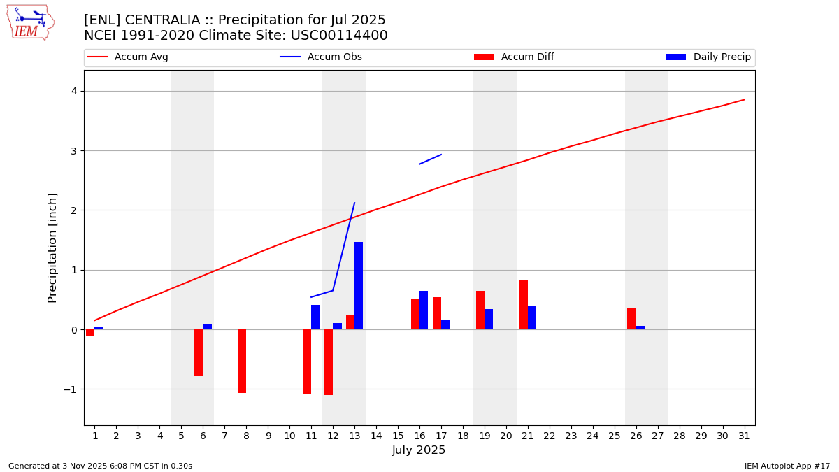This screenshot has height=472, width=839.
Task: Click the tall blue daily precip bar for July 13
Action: coord(359,285)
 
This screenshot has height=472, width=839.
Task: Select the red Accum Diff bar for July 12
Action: coord(329,362)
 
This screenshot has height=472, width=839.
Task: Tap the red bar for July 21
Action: coord(523,304)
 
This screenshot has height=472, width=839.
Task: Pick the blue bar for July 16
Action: coord(424,310)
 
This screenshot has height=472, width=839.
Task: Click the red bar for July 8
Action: coord(242,361)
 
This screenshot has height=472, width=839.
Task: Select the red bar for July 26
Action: coord(631,319)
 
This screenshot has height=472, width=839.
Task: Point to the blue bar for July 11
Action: coord(315,317)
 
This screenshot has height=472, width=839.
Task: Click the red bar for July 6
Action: coord(199,352)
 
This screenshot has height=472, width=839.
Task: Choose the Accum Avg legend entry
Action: coord(141,57)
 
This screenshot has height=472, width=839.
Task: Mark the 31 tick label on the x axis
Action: coord(744,436)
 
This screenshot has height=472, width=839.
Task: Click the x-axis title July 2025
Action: coord(419,450)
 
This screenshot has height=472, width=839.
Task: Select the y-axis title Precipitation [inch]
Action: coord(52,248)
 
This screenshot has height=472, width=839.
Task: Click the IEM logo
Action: coord(30,22)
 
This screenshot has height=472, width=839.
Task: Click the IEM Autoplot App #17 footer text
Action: coord(787,466)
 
